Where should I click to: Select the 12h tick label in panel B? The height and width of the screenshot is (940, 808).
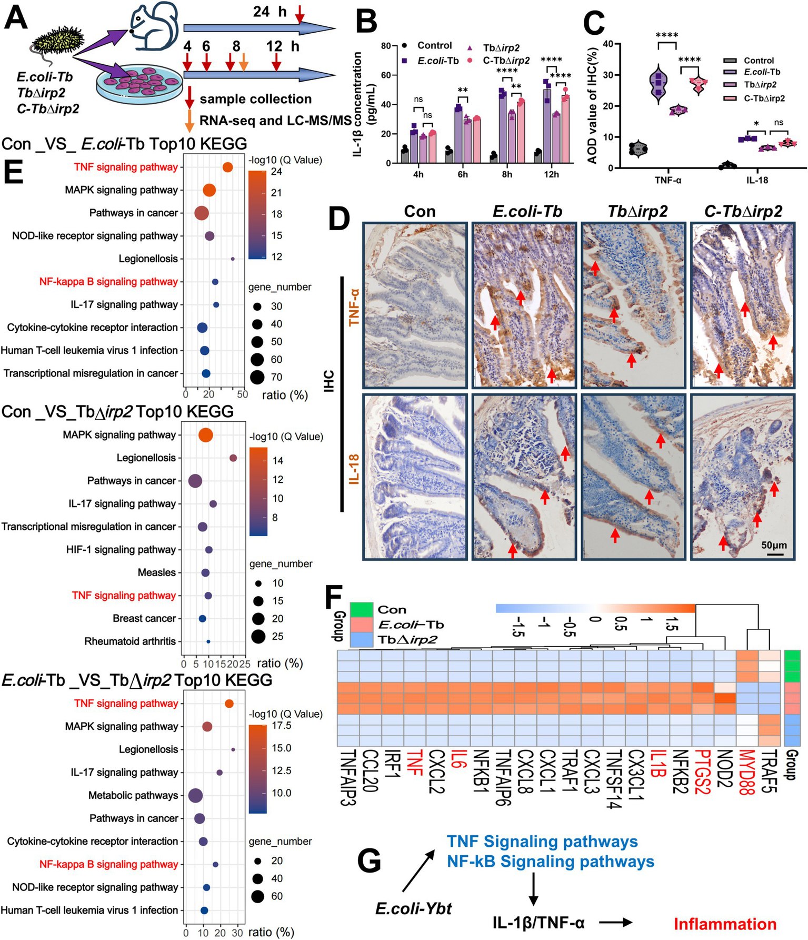551,174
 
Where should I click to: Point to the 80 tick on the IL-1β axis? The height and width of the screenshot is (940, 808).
386,46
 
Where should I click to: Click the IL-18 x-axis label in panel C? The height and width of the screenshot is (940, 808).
756,180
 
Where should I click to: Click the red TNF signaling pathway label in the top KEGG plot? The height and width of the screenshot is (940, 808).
126,167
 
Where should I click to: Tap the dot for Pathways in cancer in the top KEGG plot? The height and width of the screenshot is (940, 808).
201,213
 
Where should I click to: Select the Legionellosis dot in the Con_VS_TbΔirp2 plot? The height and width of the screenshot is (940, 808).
233,458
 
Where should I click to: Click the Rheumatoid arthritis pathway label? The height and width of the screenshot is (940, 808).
130,641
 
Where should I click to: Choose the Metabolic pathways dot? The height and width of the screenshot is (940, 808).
195,796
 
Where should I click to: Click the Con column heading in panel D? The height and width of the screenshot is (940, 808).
420,212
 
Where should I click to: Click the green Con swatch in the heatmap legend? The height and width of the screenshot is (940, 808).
361,609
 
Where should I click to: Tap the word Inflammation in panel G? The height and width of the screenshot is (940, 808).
725,924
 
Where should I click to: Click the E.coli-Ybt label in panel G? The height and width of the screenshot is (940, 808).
414,908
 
